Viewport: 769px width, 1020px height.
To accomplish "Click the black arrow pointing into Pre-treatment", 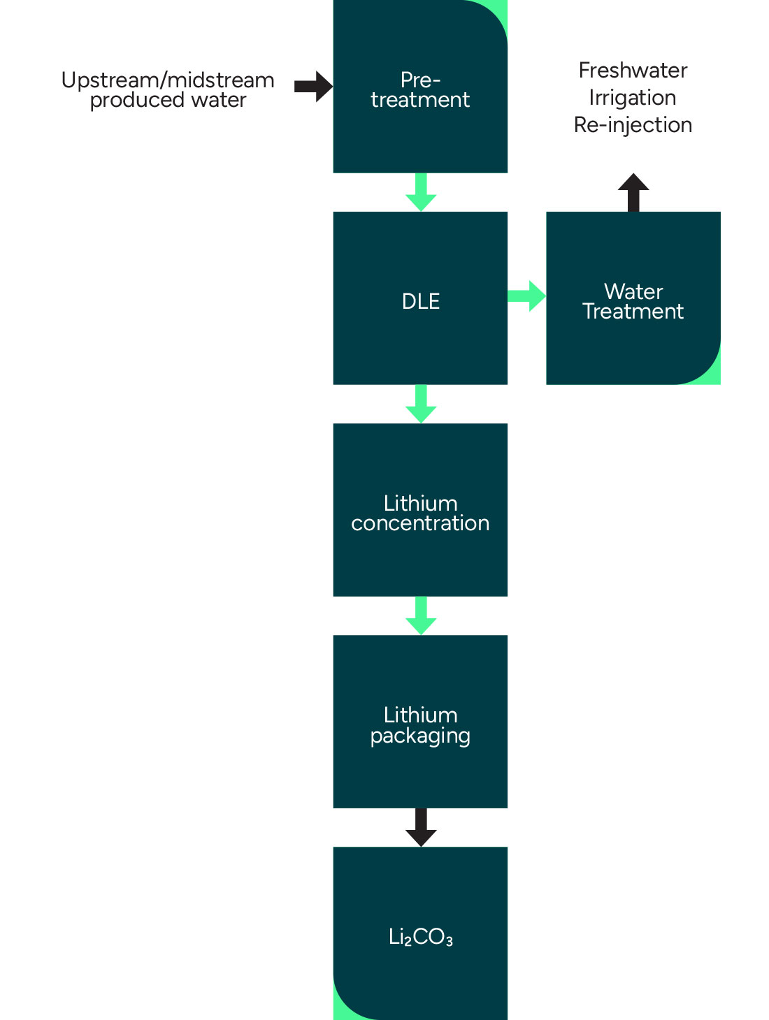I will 313,87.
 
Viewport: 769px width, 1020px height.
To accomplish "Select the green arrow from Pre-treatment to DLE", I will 421,192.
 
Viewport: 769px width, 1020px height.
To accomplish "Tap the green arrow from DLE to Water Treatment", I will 526,296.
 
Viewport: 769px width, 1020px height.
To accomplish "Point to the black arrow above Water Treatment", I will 633,192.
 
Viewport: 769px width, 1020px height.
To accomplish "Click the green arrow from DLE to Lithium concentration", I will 421,404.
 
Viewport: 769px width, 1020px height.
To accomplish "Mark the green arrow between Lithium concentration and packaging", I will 421,615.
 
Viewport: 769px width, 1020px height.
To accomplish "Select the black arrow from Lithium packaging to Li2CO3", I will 421,827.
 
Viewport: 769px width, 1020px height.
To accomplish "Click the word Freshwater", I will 633,71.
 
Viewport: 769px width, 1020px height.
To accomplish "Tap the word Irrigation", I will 633,98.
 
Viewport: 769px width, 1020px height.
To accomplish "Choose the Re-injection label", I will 633,125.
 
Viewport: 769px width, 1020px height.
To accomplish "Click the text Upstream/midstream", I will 168,80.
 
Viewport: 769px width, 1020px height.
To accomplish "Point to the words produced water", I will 168,100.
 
